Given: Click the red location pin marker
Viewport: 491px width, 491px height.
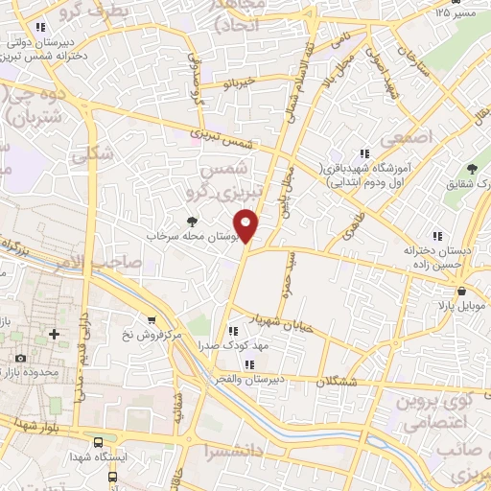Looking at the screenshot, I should (x=246, y=226).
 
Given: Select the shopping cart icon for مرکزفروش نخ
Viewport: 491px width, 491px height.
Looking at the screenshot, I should (x=151, y=320).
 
